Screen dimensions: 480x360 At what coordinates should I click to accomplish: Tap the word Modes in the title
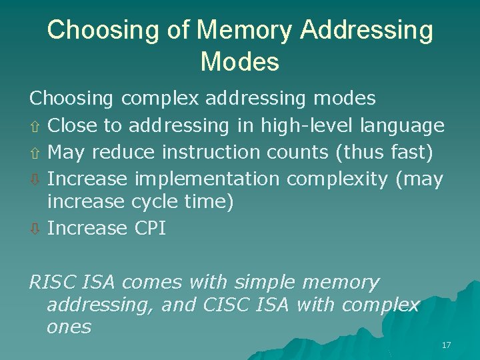pos(239,62)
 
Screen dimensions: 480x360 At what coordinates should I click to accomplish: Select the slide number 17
pos(446,345)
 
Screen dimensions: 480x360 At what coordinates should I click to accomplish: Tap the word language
pos(402,125)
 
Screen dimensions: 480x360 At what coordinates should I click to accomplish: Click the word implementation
pos(207,179)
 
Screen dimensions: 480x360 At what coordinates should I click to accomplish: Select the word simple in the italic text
pos(264,283)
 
